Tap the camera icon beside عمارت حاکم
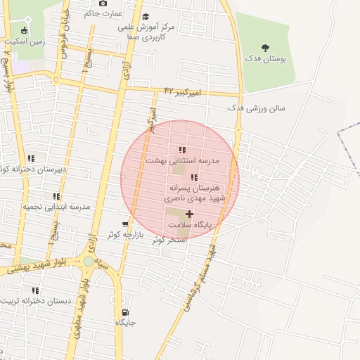point(103,4)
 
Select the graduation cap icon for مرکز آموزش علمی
point(146,17)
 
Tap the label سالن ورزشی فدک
point(256,108)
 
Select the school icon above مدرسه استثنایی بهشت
point(182,150)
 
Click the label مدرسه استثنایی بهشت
point(182,160)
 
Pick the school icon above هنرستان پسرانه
point(194,177)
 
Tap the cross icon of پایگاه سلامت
point(189,214)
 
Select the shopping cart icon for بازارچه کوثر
point(125,225)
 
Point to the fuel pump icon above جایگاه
point(125,312)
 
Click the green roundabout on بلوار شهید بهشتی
point(88,262)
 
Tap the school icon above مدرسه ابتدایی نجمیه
point(56,197)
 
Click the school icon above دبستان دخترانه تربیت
point(35,290)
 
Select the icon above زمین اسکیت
point(25,30)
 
